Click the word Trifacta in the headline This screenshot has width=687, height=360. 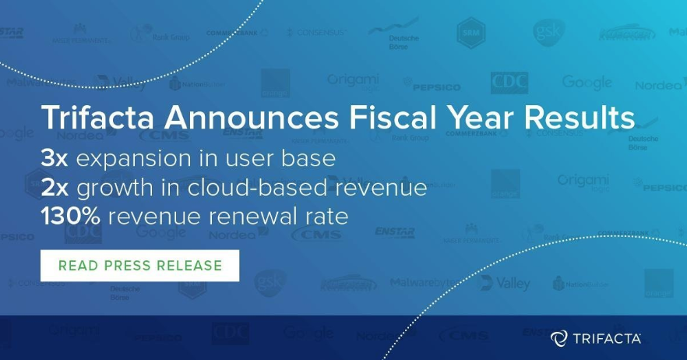tap(93, 119)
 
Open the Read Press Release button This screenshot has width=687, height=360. tap(140, 265)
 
